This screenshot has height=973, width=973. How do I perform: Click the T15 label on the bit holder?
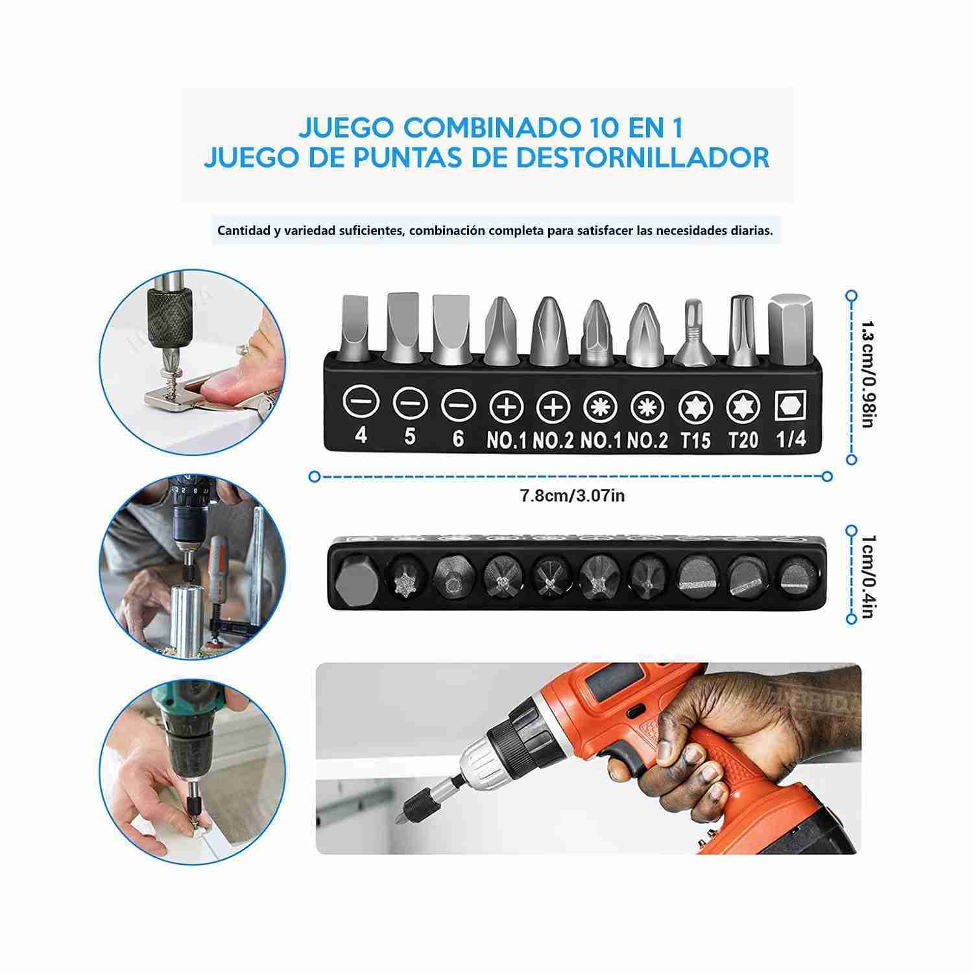(695, 440)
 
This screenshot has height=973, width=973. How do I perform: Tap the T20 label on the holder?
(743, 440)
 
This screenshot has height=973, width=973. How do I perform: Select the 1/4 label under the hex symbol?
(790, 439)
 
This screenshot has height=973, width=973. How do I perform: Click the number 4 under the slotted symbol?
(361, 435)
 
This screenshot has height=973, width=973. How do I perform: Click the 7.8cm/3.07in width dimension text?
(572, 496)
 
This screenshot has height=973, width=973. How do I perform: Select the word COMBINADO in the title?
(481, 128)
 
